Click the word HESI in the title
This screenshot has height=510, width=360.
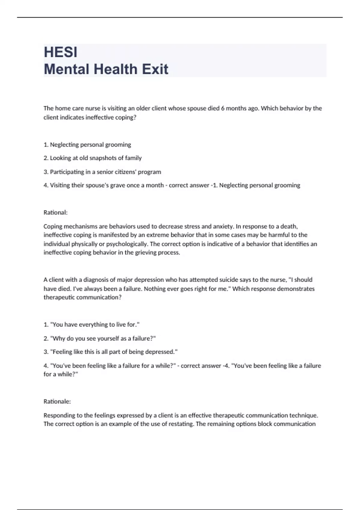pyautogui.click(x=61, y=52)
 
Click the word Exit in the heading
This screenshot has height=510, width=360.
pyautogui.click(x=155, y=69)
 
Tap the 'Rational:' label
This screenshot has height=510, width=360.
pyautogui.click(x=55, y=212)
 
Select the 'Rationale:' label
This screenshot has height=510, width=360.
pyautogui.click(x=57, y=401)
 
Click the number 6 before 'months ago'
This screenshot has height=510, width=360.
pyautogui.click(x=223, y=108)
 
